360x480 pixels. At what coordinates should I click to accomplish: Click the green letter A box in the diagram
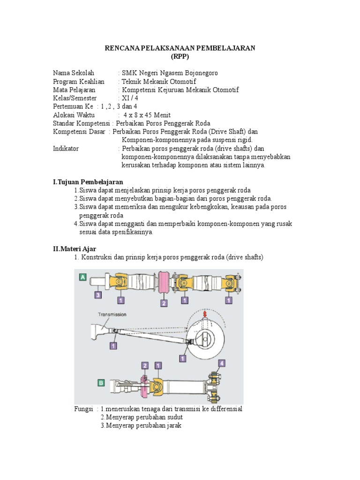82,277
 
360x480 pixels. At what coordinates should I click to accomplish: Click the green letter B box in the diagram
101,382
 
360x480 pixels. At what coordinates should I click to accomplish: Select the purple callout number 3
97,295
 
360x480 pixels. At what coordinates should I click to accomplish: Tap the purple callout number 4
222,363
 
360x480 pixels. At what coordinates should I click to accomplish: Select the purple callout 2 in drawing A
164,303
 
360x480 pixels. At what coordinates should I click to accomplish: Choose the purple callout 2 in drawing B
145,365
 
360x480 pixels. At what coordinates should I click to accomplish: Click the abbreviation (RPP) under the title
180,57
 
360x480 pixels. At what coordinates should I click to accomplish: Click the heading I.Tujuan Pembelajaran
88,182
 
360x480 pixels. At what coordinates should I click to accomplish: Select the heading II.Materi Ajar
74,249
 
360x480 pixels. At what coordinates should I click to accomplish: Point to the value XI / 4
130,98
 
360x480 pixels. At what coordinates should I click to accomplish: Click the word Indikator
66,149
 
